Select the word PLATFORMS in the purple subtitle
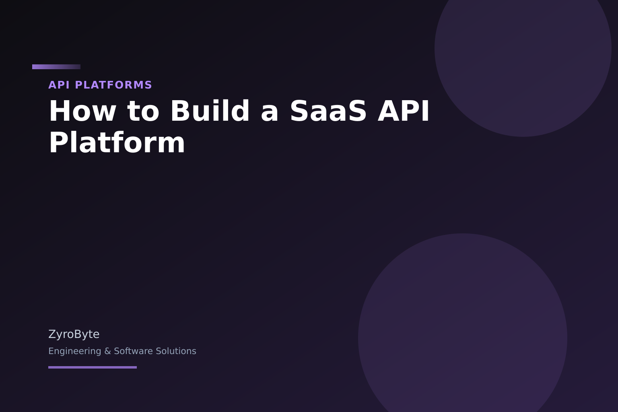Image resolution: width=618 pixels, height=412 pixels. tap(113, 85)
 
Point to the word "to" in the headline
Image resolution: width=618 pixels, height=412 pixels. tap(143, 111)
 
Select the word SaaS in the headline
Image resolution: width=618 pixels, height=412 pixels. tap(328, 111)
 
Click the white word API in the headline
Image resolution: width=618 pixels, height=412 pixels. tap(404, 111)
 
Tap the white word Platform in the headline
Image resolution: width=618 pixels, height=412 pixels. tap(117, 143)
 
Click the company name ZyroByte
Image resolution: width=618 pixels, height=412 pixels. tap(74, 334)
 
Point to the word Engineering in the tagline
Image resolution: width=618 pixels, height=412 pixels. tap(75, 351)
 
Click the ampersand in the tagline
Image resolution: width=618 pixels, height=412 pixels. tap(107, 351)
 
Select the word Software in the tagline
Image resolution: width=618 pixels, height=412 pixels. tap(133, 351)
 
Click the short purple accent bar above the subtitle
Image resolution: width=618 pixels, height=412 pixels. tap(56, 67)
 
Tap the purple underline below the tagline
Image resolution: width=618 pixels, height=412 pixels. tap(93, 367)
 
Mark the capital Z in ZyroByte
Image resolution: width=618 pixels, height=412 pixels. tap(52, 334)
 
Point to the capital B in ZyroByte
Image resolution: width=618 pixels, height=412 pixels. tap(77, 334)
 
